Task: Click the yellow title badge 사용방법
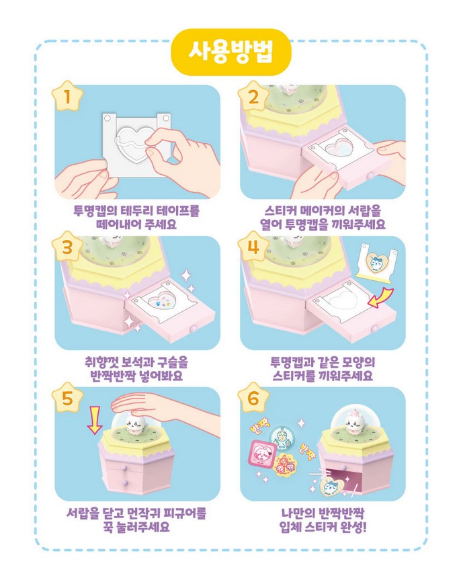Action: (231, 52)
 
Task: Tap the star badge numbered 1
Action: (67, 97)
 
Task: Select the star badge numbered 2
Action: (253, 97)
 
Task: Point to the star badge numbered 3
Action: (67, 247)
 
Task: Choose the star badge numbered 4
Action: (253, 247)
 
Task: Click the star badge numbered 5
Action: (67, 398)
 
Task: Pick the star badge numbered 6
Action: (253, 398)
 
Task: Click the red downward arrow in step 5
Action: (95, 420)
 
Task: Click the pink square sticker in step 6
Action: (263, 454)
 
